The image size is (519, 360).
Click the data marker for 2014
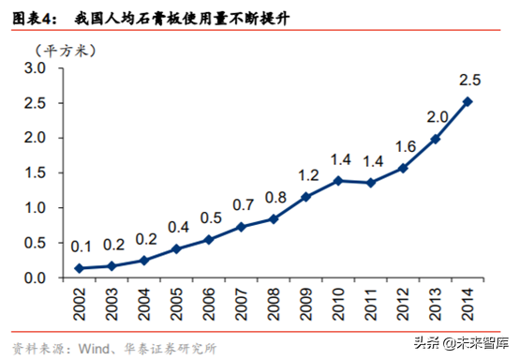pyautogui.click(x=467, y=102)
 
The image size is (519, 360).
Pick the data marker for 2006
pyautogui.click(x=207, y=239)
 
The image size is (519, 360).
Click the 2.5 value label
pyautogui.click(x=468, y=79)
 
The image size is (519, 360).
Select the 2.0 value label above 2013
pyautogui.click(x=437, y=116)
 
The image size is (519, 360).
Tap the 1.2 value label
pyautogui.click(x=310, y=175)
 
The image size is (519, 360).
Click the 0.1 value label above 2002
pyautogui.click(x=82, y=247)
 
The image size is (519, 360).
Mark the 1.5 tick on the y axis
pyautogui.click(x=36, y=173)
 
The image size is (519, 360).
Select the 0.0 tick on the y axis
pyautogui.click(x=36, y=278)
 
